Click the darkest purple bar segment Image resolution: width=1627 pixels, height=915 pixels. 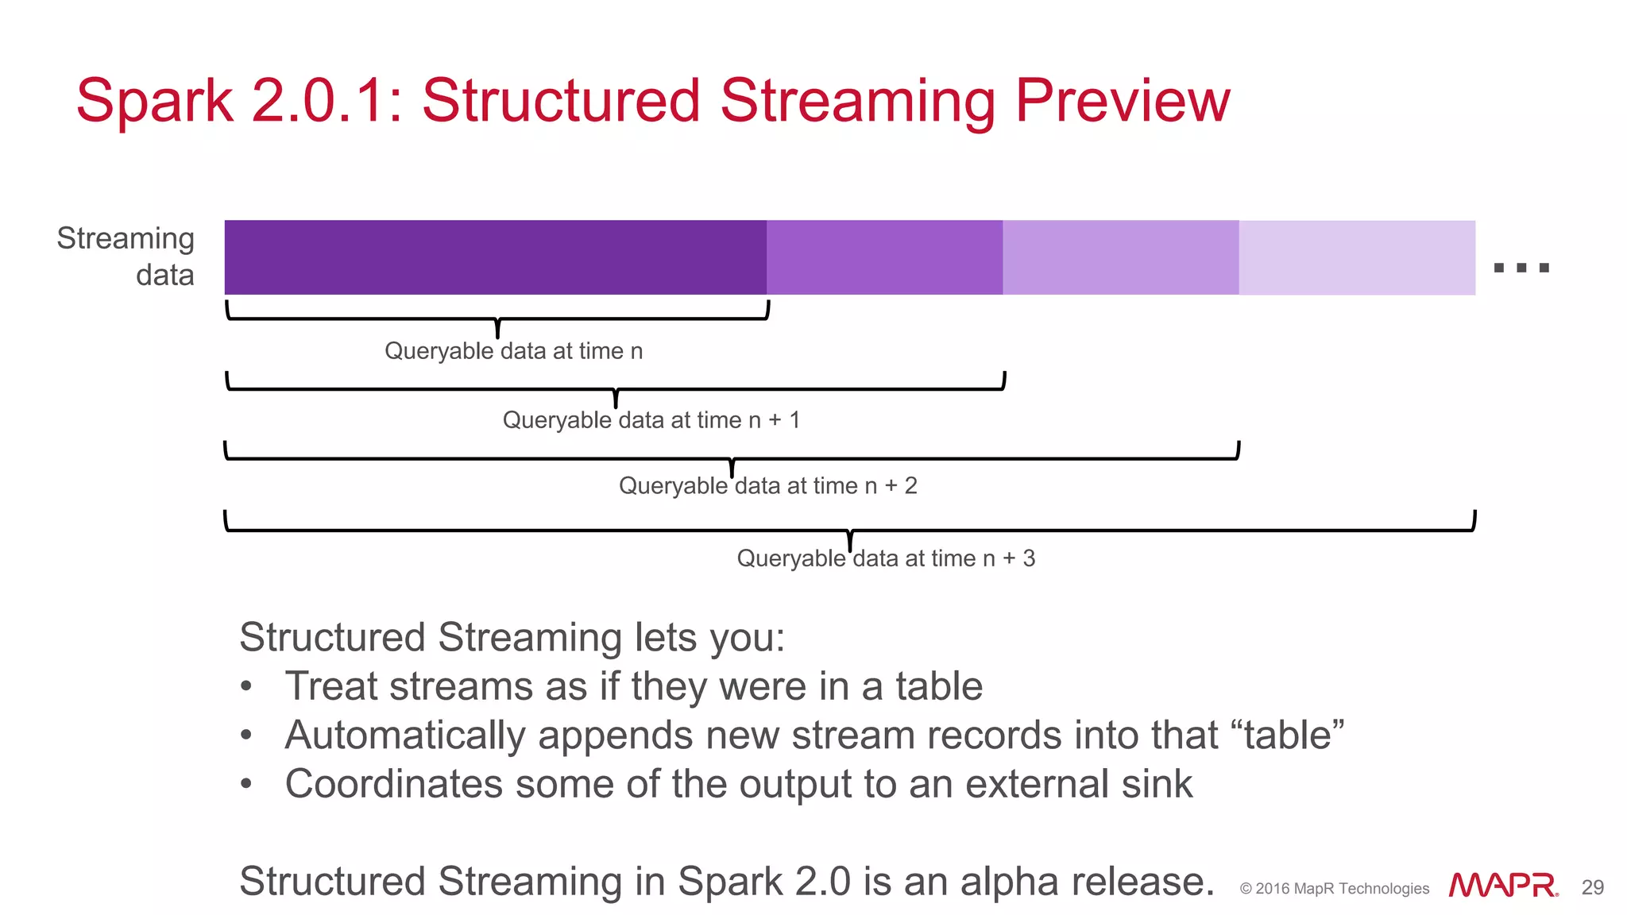(x=495, y=257)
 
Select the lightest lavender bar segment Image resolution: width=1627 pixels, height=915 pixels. (x=1357, y=257)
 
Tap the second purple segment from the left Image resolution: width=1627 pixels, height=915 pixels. (x=884, y=257)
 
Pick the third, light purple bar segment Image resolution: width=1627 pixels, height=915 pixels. (x=1120, y=257)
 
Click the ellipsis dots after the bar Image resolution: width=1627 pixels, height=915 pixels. (x=1521, y=268)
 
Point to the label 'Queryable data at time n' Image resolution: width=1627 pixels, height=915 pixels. (x=513, y=351)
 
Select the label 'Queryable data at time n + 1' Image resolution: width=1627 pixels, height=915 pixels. (x=651, y=419)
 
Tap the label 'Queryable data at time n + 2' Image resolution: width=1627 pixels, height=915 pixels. (x=767, y=485)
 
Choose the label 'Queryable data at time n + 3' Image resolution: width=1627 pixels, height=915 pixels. (x=886, y=558)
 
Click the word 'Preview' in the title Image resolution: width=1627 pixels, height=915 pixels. (x=1123, y=101)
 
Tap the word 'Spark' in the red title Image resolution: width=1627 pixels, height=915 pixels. (x=155, y=101)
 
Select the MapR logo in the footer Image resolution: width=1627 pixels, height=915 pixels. (x=1502, y=886)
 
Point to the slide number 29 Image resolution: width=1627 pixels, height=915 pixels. (x=1592, y=887)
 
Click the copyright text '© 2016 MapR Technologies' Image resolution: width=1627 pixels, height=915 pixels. (x=1334, y=889)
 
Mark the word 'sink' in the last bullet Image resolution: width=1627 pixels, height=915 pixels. (x=1157, y=784)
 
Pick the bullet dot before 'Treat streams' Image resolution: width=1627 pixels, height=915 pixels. (x=246, y=686)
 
